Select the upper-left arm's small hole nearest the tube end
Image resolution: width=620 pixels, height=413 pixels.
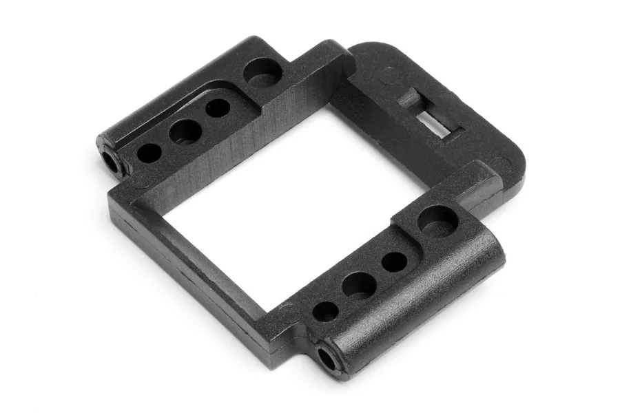point(149,152)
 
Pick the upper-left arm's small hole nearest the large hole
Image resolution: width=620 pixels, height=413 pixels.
point(218,108)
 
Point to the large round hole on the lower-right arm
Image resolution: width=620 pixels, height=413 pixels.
point(437,220)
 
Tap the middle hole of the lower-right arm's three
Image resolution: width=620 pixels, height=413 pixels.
point(359,284)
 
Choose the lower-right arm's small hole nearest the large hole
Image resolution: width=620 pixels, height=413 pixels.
point(394,261)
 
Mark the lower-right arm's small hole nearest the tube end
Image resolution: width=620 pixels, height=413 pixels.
point(324,311)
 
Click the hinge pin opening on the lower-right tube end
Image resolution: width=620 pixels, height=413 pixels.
point(324,357)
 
